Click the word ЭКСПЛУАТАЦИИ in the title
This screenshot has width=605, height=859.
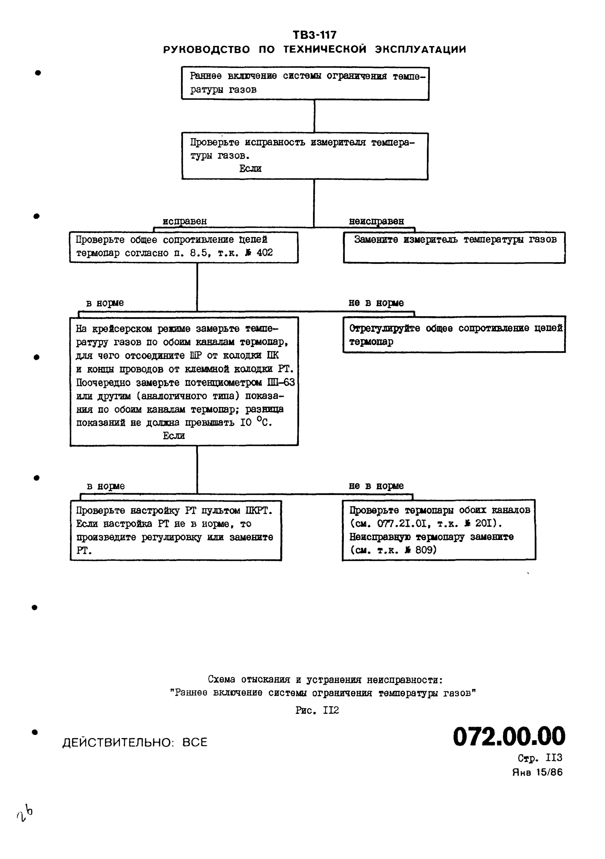click(421, 49)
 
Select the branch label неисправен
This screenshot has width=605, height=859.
click(376, 221)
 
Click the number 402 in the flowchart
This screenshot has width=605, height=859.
click(265, 253)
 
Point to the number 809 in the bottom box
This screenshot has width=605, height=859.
click(426, 550)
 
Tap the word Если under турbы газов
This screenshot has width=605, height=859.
click(250, 169)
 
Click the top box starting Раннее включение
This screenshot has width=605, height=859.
click(305, 83)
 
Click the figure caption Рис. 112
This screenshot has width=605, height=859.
click(317, 710)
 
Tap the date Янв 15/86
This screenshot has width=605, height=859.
click(537, 773)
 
